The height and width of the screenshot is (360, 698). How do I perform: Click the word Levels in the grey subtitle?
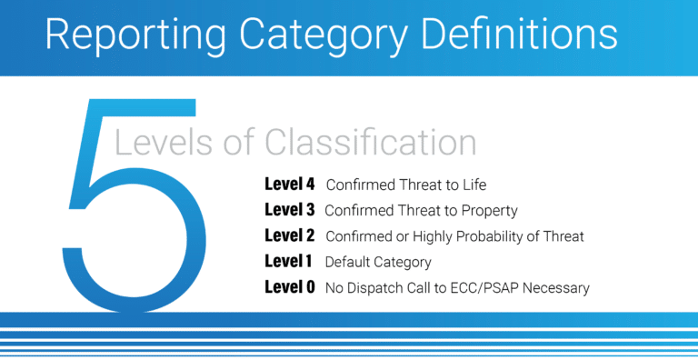pos(165,144)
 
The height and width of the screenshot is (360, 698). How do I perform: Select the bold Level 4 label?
pos(289,185)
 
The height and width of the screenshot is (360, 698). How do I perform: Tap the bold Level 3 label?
pos(289,210)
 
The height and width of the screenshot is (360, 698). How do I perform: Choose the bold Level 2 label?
pos(289,236)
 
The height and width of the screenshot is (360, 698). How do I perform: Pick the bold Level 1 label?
pos(288,262)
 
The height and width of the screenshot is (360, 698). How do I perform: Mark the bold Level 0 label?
pos(289,287)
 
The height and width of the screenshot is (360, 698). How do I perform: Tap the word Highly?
pos(423,236)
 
